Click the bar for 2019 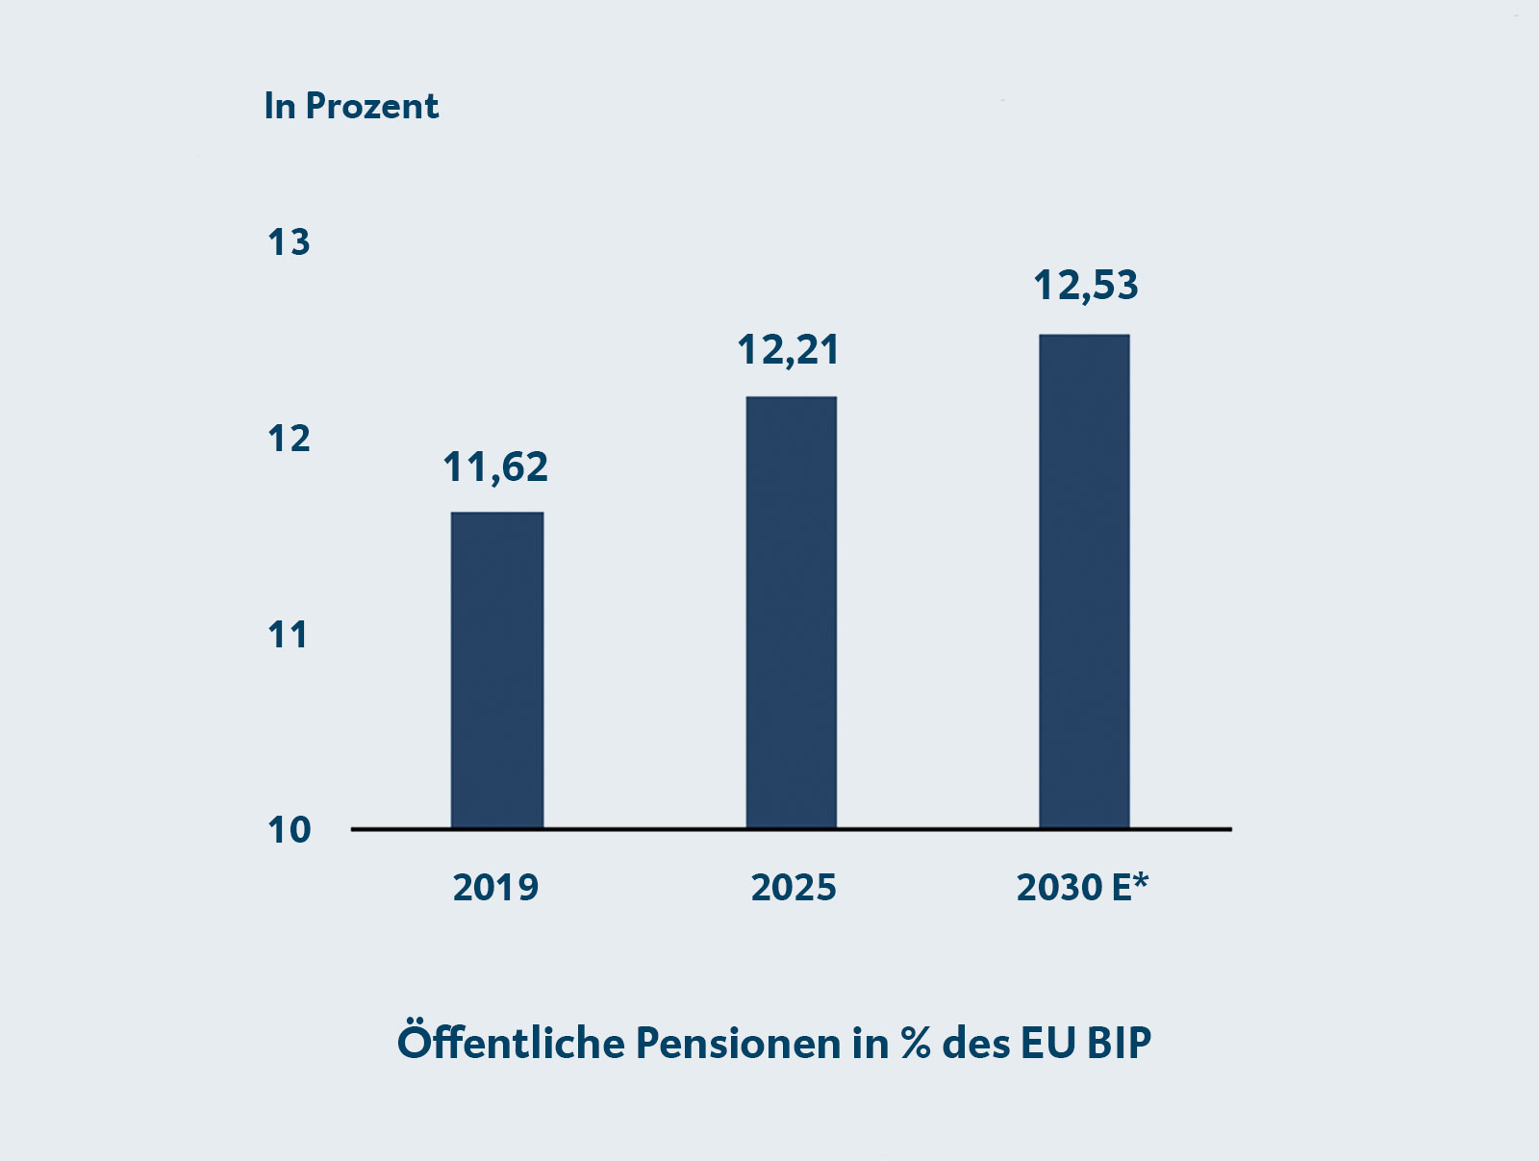(497, 669)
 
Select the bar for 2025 (791, 612)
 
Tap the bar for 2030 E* (1084, 581)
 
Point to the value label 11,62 (495, 467)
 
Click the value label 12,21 (789, 350)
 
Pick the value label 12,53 (1086, 286)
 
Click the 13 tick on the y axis (289, 242)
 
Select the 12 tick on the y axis (289, 439)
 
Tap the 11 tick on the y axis (288, 635)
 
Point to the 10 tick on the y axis (289, 830)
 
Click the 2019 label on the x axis (495, 887)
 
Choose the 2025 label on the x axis (794, 887)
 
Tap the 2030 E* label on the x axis (1082, 887)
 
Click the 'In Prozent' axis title (351, 106)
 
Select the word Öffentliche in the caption (510, 1043)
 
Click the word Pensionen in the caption (738, 1043)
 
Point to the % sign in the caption (916, 1044)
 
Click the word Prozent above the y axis (371, 106)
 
